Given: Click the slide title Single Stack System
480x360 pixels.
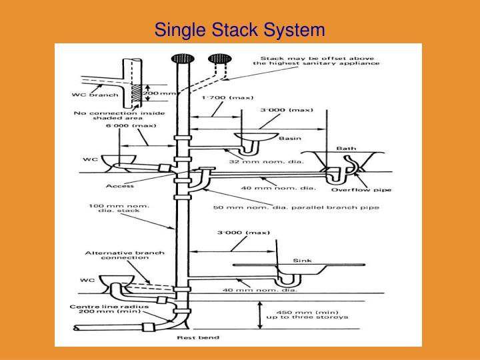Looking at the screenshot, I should [239, 29].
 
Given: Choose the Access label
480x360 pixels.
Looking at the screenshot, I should [116, 186].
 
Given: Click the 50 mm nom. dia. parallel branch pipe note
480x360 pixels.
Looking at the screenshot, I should [296, 207].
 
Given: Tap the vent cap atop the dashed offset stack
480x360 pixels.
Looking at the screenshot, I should [217, 59].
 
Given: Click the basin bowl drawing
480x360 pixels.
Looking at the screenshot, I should [256, 137].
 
